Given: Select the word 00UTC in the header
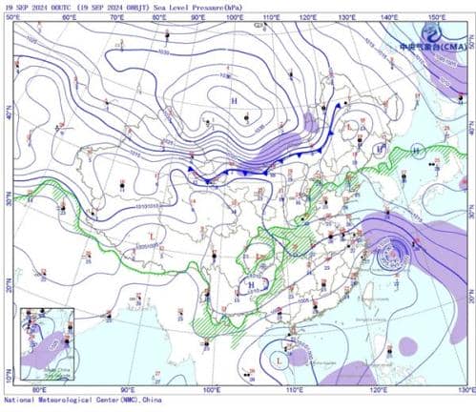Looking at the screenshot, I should [57, 8].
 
